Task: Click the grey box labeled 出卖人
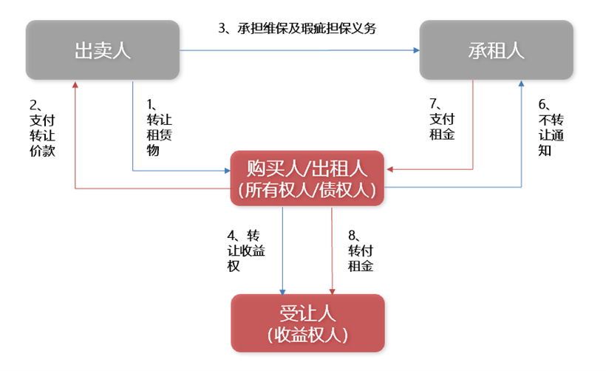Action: (x=103, y=50)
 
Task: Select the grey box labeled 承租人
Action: (x=496, y=50)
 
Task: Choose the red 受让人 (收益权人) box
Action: (x=307, y=323)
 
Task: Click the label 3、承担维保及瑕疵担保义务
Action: (x=297, y=29)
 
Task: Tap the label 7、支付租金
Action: (x=441, y=120)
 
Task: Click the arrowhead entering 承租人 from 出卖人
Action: (x=415, y=50)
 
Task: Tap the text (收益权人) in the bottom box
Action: (x=307, y=335)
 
